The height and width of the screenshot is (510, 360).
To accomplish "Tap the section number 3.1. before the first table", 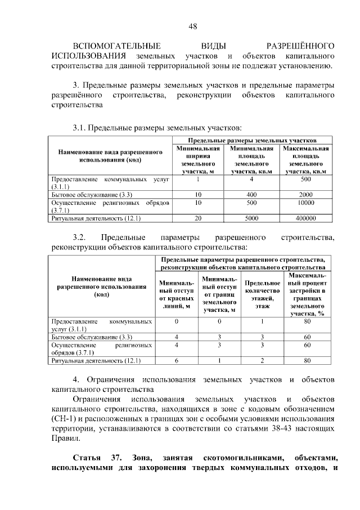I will tap(82, 127).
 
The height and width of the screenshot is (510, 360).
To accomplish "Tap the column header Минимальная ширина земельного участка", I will tap(197, 160).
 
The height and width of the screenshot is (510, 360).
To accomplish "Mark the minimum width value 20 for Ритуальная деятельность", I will tap(197, 218).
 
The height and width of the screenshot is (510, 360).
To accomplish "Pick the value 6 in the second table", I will tap(177, 360).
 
